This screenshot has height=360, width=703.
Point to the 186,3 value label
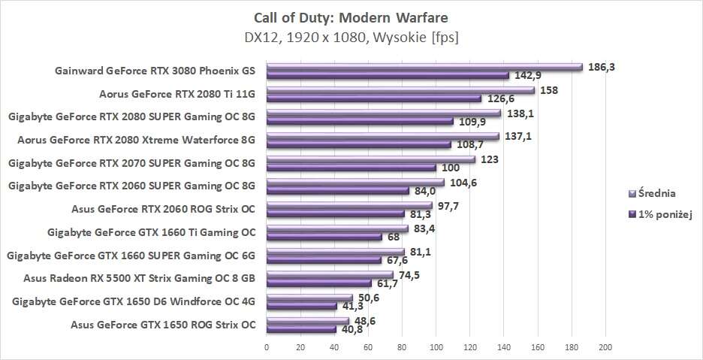pyautogui.click(x=601, y=67)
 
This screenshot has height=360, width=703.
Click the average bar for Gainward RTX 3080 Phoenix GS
pyautogui.click(x=424, y=67)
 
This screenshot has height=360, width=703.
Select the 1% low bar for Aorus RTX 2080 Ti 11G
pyautogui.click(x=374, y=98)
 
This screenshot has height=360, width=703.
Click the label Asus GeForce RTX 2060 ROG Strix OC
pyautogui.click(x=163, y=208)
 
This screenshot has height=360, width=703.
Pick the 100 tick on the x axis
pyautogui.click(x=436, y=347)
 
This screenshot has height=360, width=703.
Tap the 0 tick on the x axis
pyautogui.click(x=267, y=347)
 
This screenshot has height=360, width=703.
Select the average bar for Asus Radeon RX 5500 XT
pyautogui.click(x=330, y=275)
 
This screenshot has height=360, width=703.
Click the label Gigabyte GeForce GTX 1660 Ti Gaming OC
pyautogui.click(x=151, y=231)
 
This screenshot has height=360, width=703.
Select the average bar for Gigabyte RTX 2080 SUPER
pyautogui.click(x=384, y=113)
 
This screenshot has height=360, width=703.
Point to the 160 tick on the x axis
pyautogui.click(x=538, y=347)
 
